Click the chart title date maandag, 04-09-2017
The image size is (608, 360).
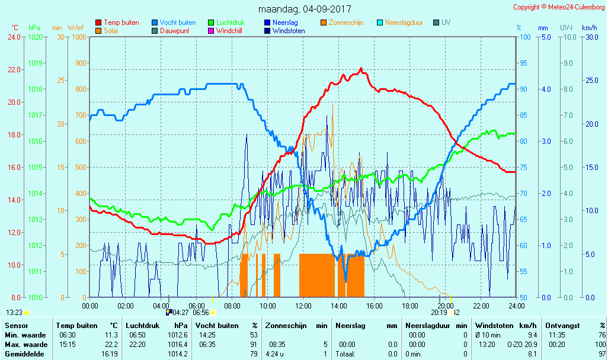[305, 9]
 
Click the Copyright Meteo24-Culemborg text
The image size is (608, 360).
[558, 7]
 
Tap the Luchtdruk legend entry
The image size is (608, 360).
[230, 22]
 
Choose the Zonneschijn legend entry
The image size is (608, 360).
[347, 22]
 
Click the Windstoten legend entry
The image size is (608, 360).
[289, 31]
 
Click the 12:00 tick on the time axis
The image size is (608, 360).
[303, 306]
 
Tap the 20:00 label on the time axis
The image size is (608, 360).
[446, 306]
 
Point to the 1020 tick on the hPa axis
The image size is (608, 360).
[35, 37]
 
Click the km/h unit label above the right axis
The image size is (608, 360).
[589, 28]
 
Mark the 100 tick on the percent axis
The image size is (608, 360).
[524, 37]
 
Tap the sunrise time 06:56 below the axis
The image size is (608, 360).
[201, 313]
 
